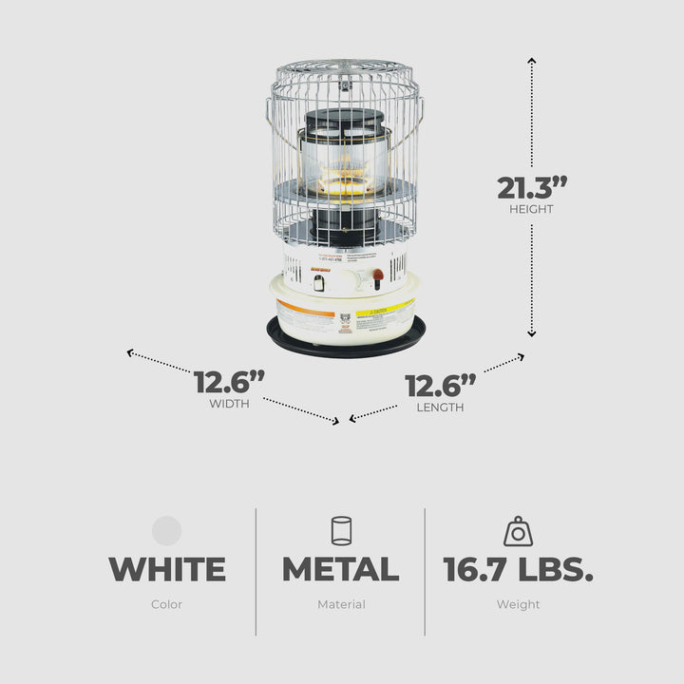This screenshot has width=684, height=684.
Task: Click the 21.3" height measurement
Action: pyautogui.click(x=531, y=187)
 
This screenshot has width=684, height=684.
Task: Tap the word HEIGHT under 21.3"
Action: pyautogui.click(x=531, y=209)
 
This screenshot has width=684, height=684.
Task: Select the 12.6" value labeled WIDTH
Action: pyautogui.click(x=229, y=383)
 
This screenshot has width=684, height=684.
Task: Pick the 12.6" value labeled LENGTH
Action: pyautogui.click(x=440, y=387)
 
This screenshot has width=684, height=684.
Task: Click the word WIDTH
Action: pyautogui.click(x=229, y=404)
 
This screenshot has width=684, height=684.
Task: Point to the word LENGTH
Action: pyautogui.click(x=440, y=408)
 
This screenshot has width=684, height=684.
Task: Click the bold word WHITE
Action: pyautogui.click(x=167, y=570)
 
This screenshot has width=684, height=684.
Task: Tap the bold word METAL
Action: pyautogui.click(x=340, y=570)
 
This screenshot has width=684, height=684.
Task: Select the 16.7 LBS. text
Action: pyautogui.click(x=519, y=570)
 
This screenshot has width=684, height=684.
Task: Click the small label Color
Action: pyautogui.click(x=167, y=604)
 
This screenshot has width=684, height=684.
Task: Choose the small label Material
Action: pyautogui.click(x=341, y=604)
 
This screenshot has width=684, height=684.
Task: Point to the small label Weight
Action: pyautogui.click(x=518, y=604)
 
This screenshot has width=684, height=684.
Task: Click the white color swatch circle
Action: pyautogui.click(x=167, y=530)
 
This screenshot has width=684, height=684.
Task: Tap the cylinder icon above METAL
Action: pyautogui.click(x=341, y=530)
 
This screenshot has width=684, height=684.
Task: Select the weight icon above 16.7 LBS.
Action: pyautogui.click(x=518, y=531)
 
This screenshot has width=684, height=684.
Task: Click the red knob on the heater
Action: pyautogui.click(x=377, y=275)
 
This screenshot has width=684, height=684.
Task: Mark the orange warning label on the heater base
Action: pyautogui.click(x=304, y=308)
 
